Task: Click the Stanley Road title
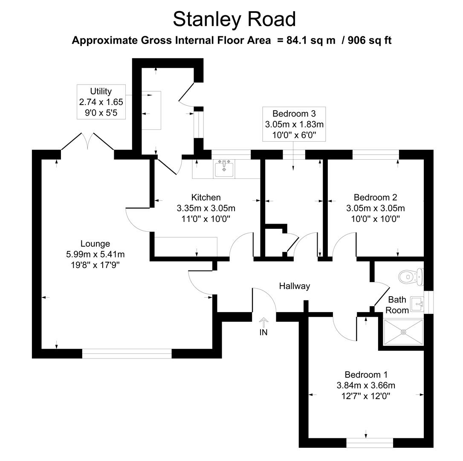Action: pyautogui.click(x=234, y=19)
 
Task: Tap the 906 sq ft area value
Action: pyautogui.click(x=370, y=41)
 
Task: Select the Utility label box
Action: pyautogui.click(x=101, y=102)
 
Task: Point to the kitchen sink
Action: pyautogui.click(x=224, y=168)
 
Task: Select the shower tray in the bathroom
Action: pyautogui.click(x=403, y=331)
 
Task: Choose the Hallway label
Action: pyautogui.click(x=294, y=286)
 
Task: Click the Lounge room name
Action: pyautogui.click(x=95, y=244)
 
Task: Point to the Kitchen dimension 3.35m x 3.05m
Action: pyautogui.click(x=206, y=208)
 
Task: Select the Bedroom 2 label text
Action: pyautogui.click(x=375, y=197)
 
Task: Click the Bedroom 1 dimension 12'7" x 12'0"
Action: pyautogui.click(x=366, y=396)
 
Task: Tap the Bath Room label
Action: pyautogui.click(x=397, y=305)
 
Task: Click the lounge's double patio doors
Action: pyautogui.click(x=87, y=141)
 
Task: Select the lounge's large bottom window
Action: pyautogui.click(x=127, y=353)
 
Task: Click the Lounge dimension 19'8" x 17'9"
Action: pyautogui.click(x=95, y=265)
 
